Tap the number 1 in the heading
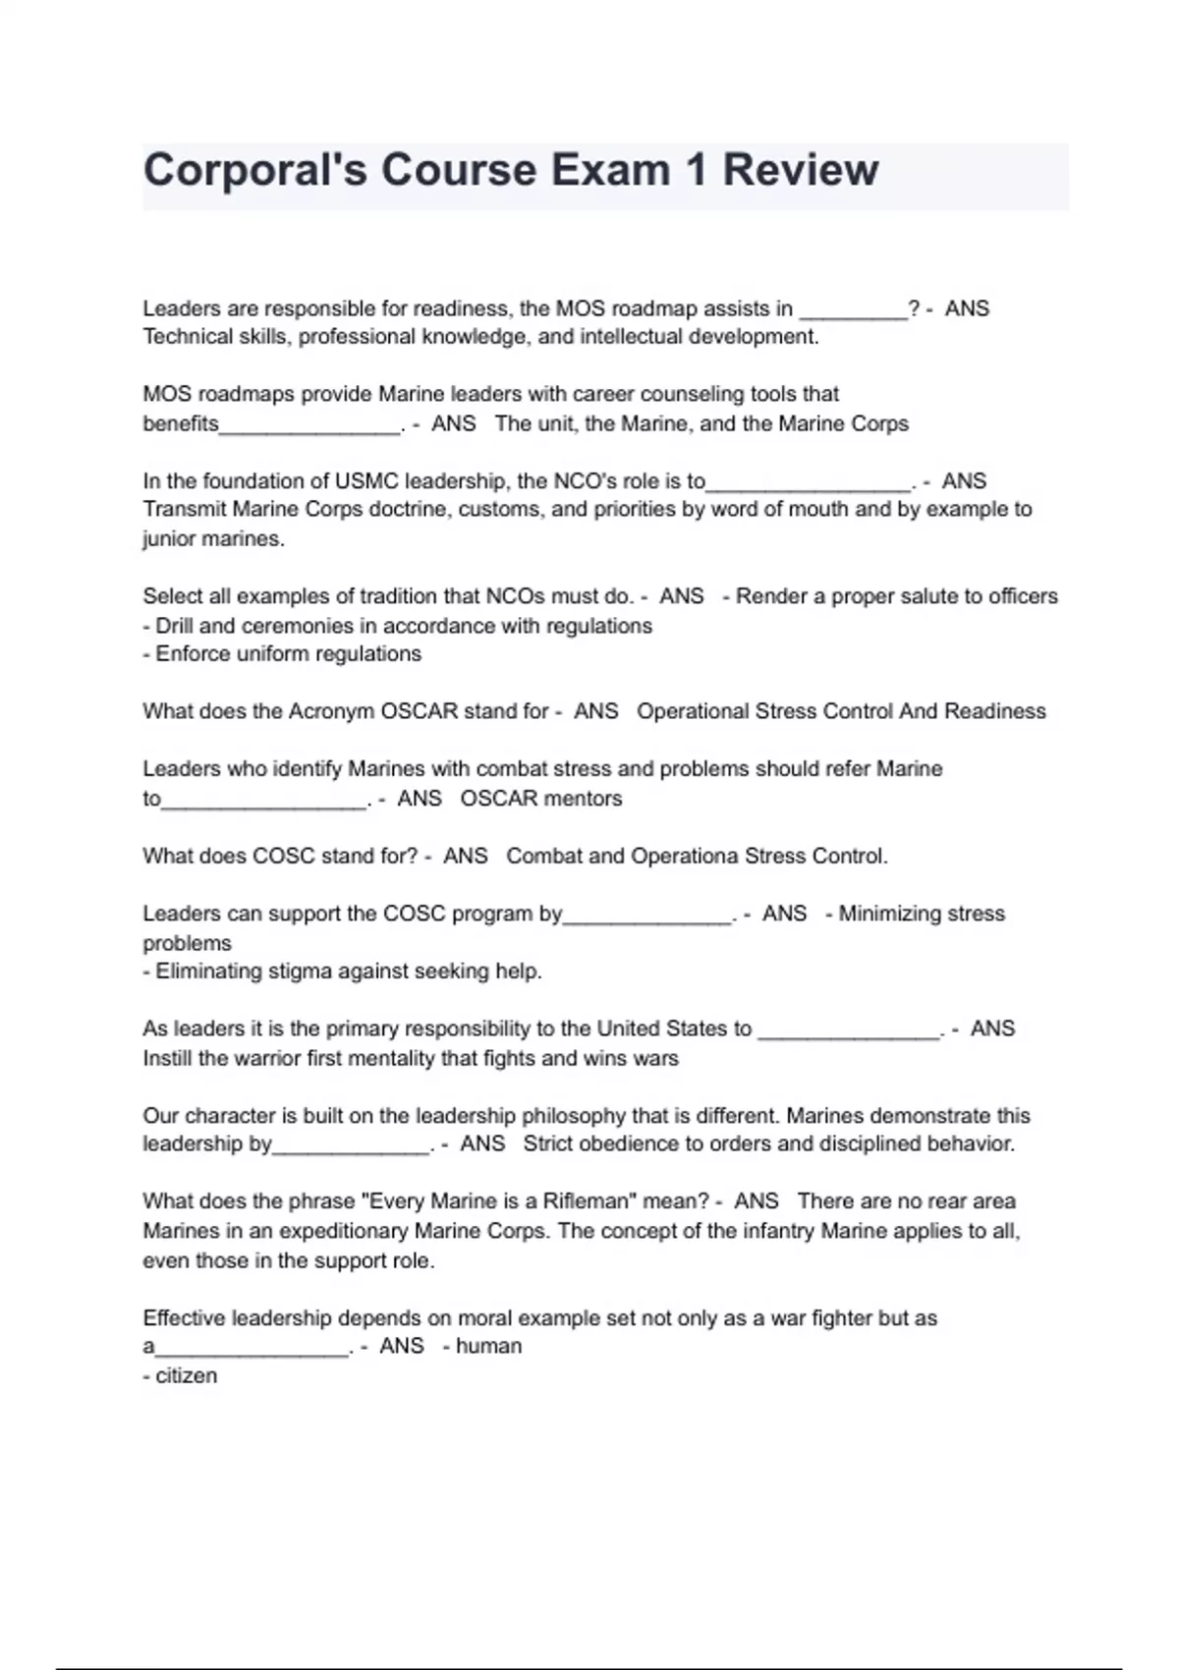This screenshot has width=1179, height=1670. [696, 170]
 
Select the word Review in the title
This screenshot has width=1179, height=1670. [801, 170]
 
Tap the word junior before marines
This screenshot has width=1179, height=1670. [169, 539]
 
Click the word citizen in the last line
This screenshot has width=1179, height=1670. [187, 1376]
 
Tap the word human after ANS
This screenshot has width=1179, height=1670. [488, 1347]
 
